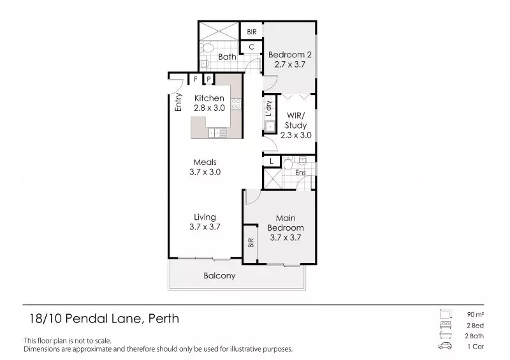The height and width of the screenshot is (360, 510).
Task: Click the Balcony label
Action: click(x=219, y=276)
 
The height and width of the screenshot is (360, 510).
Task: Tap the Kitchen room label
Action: click(x=209, y=98)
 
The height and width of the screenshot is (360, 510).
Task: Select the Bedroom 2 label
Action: click(x=289, y=54)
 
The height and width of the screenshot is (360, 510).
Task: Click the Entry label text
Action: click(x=179, y=103)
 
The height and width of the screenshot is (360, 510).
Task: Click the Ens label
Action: click(x=301, y=173)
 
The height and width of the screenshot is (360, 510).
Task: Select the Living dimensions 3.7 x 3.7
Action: click(x=205, y=227)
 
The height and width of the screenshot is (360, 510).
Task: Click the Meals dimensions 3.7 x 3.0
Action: click(x=205, y=172)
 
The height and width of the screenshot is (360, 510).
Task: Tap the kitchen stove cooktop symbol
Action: click(x=235, y=103)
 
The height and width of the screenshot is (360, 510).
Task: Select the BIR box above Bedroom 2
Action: click(x=251, y=31)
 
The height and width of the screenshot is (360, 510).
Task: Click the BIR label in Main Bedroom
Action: click(x=251, y=243)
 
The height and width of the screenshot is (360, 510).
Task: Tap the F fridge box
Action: click(x=196, y=79)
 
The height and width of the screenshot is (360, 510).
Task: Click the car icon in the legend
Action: click(x=445, y=346)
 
